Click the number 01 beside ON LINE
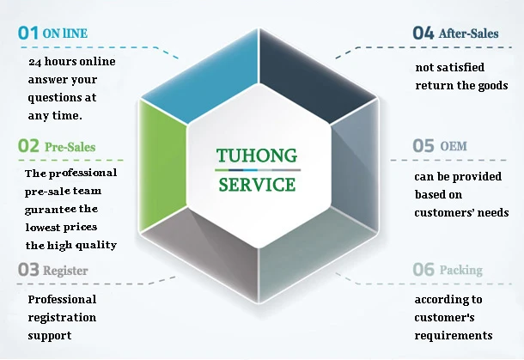coord(28,34)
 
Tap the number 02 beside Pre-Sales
coord(28,147)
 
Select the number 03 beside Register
coord(28,270)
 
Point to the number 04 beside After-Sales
coord(423,34)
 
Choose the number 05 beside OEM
coord(423,146)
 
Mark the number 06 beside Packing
coord(423,270)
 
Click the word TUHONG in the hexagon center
coord(257,156)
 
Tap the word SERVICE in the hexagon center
coord(257,184)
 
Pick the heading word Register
coord(67,271)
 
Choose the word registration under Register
coord(62,317)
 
